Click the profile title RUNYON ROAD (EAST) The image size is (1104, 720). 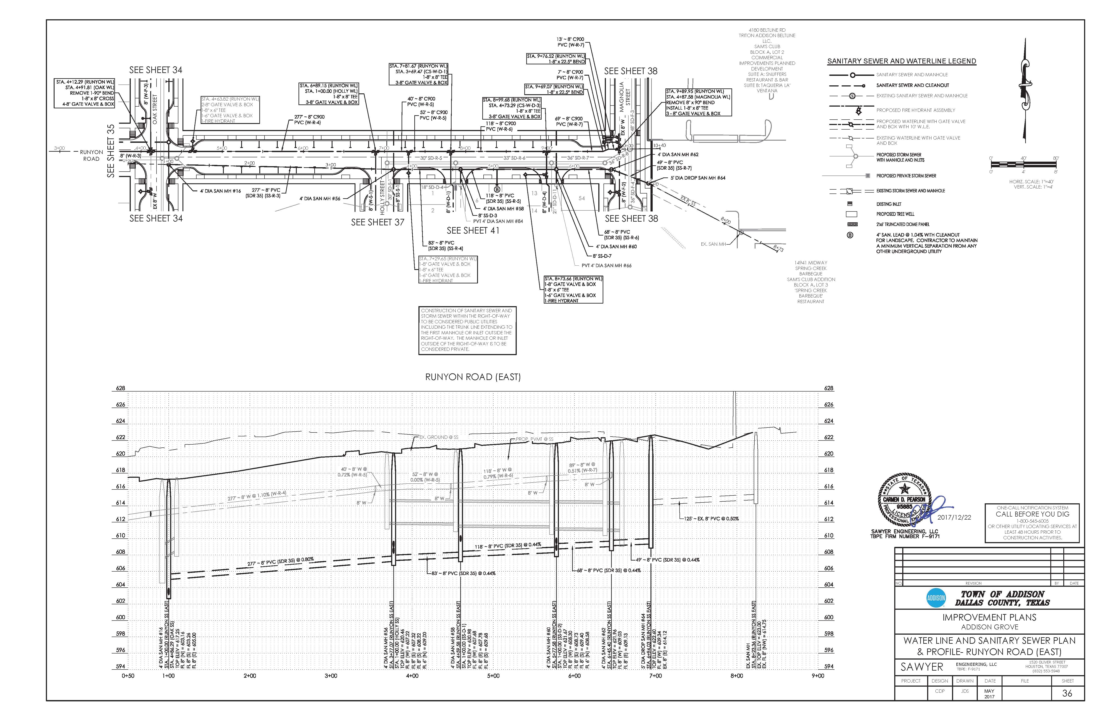pyautogui.click(x=473, y=377)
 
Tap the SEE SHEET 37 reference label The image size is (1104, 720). pyautogui.click(x=378, y=222)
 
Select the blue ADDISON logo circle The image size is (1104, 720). pyautogui.click(x=936, y=598)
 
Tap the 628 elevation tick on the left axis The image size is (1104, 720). pyautogui.click(x=120, y=388)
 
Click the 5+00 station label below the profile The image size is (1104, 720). pyautogui.click(x=493, y=676)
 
